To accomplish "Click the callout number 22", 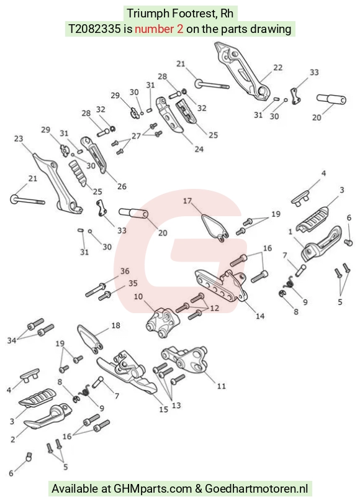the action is tap(278, 68).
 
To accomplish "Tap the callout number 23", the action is tap(19, 139).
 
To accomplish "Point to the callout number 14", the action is tap(260, 316).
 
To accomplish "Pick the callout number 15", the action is tap(164, 409).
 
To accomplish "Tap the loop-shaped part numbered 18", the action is tap(90, 339).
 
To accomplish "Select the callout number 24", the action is tap(199, 149).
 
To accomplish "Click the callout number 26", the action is tap(122, 186).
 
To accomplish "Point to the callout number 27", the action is tap(136, 135).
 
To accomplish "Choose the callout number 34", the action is tap(12, 340).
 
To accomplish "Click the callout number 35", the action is tap(133, 283).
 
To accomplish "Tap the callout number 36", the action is tap(125, 271).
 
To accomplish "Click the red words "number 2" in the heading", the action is tap(159, 29).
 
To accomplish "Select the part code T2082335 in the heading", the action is tap(94, 29).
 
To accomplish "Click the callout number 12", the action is tap(214, 308).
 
